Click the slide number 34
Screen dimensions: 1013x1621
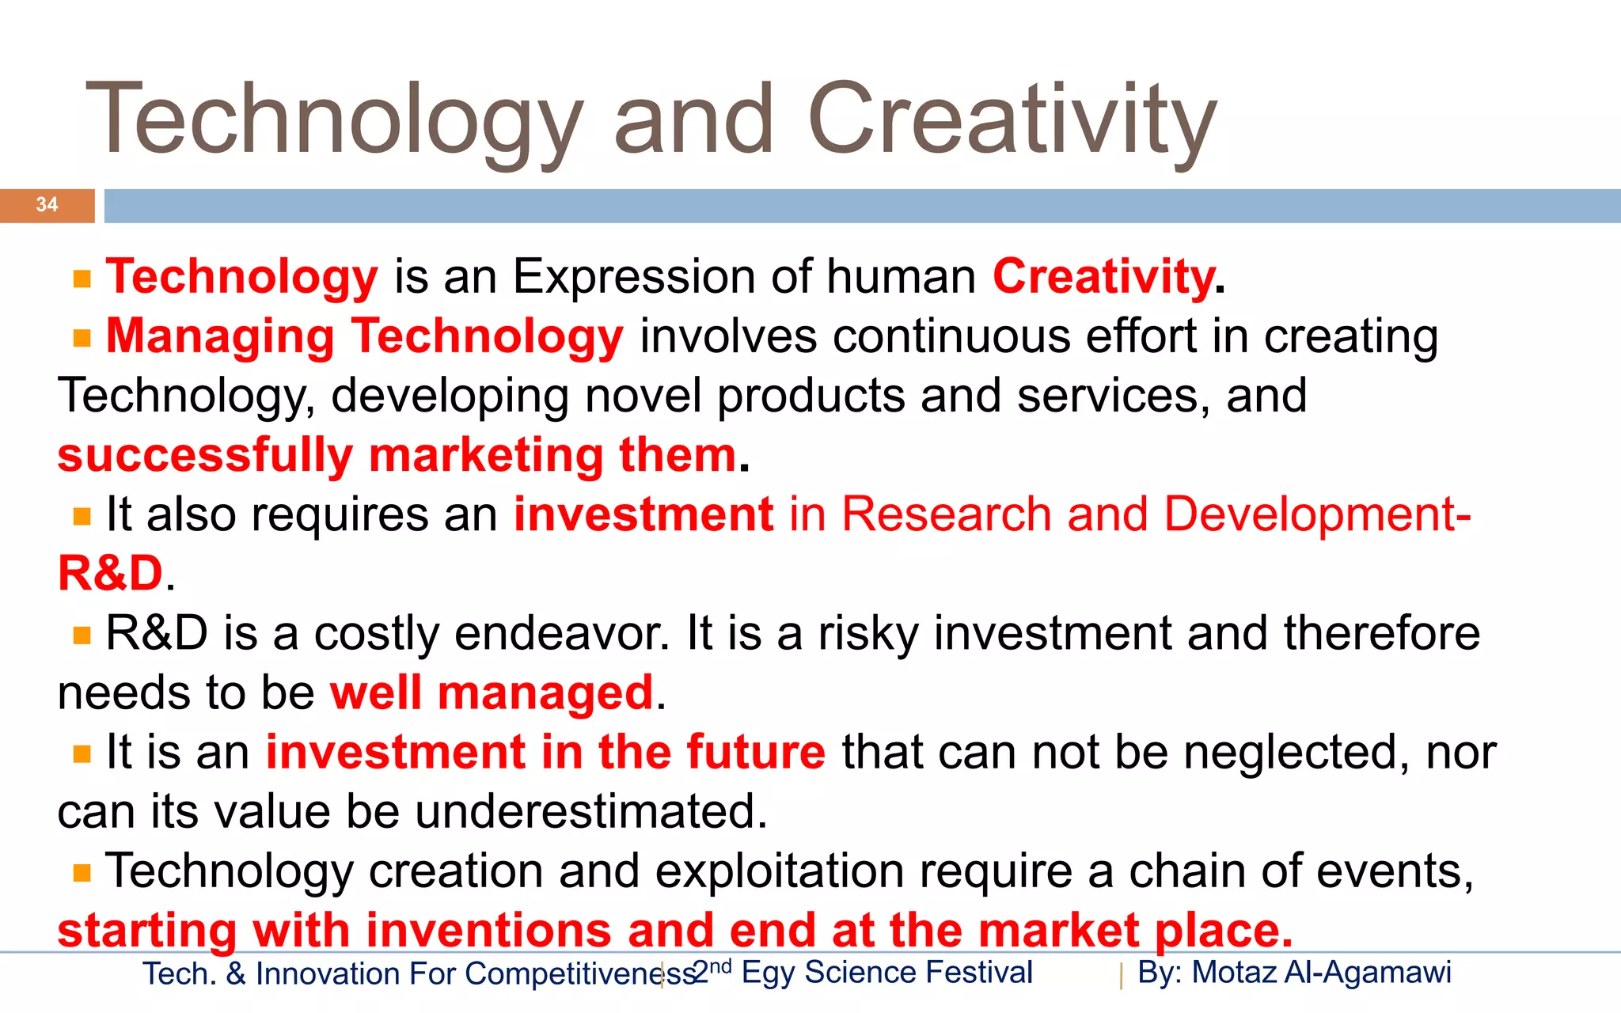(47, 205)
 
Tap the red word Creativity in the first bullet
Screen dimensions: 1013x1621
(1103, 277)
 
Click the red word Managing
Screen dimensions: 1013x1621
(220, 336)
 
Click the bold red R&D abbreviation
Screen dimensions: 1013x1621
(110, 574)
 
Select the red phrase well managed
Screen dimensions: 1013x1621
(492, 693)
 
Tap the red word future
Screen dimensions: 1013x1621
(756, 752)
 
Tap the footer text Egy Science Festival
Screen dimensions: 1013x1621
(886, 973)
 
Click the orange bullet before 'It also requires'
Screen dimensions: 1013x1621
(82, 517)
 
